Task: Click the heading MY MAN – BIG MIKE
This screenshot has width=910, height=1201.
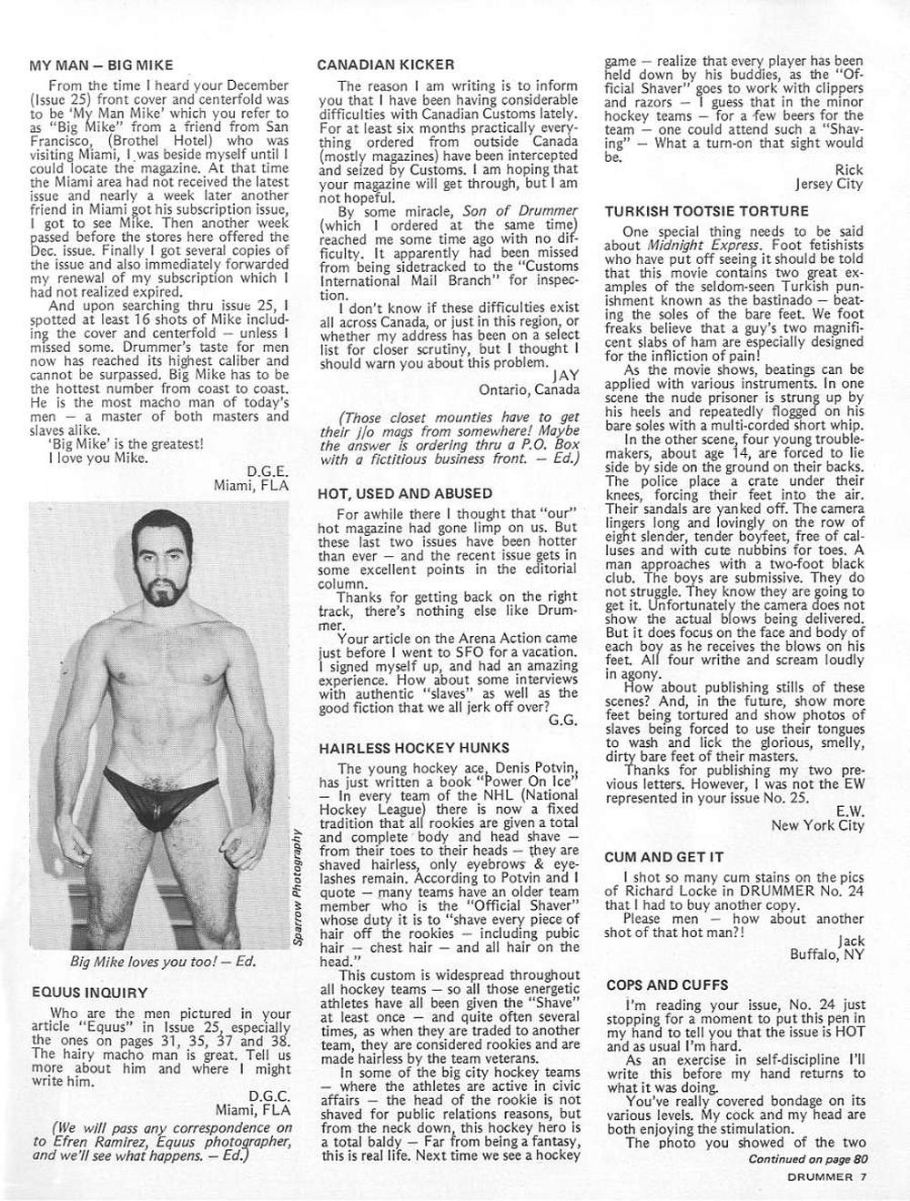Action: (101, 66)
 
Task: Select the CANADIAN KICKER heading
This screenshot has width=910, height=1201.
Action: (386, 66)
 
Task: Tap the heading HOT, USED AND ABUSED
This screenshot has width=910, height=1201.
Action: (405, 493)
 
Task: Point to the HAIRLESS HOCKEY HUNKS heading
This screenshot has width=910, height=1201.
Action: (413, 748)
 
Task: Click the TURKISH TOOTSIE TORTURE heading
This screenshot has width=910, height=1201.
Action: (706, 211)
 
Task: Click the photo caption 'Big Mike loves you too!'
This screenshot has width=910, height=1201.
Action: (163, 962)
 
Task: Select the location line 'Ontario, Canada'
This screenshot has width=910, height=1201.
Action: (529, 389)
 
